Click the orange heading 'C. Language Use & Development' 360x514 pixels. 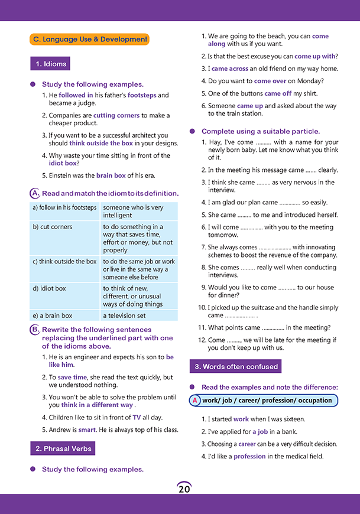(90, 40)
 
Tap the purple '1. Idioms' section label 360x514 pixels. (50, 64)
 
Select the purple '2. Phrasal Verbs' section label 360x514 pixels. (63, 449)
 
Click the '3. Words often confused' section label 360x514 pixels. (235, 366)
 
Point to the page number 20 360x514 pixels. (183, 489)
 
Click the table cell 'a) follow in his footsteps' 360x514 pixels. (65, 208)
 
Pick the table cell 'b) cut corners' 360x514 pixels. (65, 227)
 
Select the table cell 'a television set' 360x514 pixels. (124, 315)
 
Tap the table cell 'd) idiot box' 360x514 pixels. (65, 288)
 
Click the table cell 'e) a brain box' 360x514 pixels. (65, 315)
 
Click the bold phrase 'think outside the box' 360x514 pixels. (101, 143)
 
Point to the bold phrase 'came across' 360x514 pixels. (230, 69)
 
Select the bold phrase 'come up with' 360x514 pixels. (314, 56)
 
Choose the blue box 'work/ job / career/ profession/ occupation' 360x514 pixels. (267, 401)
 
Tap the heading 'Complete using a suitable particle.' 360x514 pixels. (261, 131)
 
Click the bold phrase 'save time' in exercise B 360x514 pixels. (72, 377)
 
